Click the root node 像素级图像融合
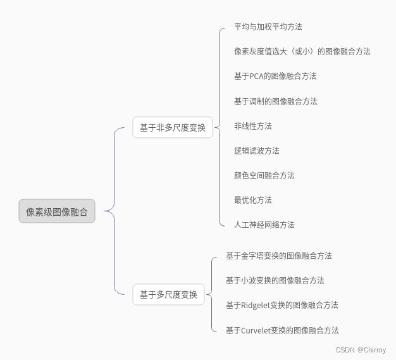(x=57, y=211)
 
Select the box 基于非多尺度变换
(x=172, y=127)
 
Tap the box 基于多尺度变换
(x=168, y=294)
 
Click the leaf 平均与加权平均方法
(x=268, y=27)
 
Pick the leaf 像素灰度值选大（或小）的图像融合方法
(x=302, y=51)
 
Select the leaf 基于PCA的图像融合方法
(x=275, y=76)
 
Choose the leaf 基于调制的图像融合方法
(x=275, y=101)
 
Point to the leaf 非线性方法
(x=252, y=126)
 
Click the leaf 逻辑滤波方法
(x=256, y=151)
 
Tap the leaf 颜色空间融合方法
(x=264, y=175)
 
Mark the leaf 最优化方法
(x=252, y=200)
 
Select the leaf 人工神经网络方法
(x=264, y=225)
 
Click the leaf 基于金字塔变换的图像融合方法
(x=278, y=256)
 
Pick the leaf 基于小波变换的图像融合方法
(x=275, y=280)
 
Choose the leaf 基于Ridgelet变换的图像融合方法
(x=282, y=305)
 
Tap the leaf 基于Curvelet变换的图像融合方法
(x=282, y=330)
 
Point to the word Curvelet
(x=256, y=330)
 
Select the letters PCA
(x=257, y=76)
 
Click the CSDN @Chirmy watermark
(x=361, y=349)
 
